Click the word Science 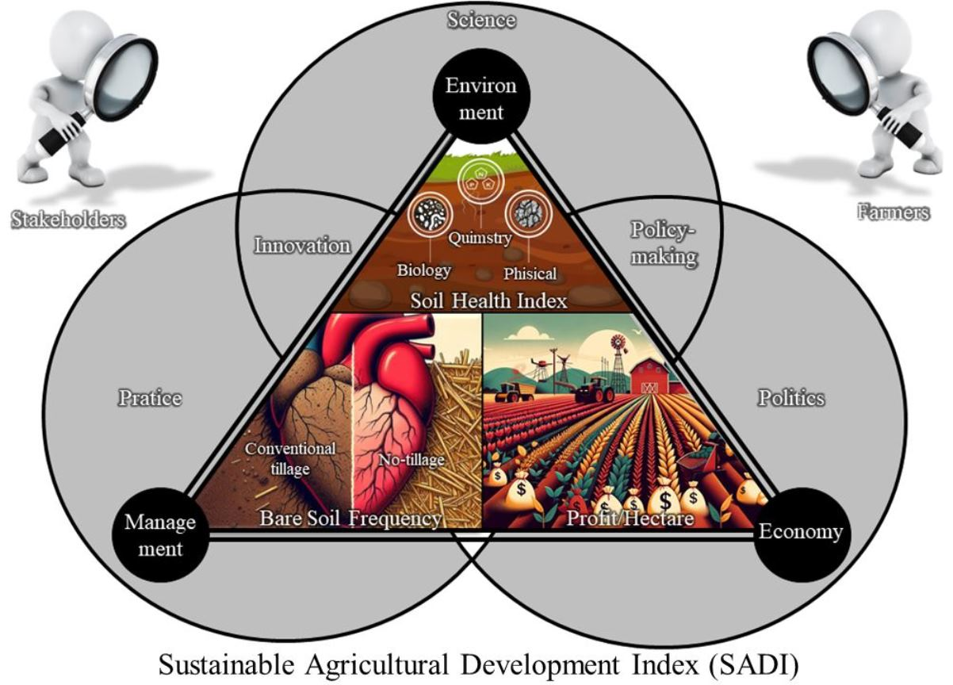(480, 20)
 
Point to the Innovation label (301, 246)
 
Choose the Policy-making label (664, 243)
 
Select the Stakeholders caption (68, 220)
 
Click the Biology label (424, 270)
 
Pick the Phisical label (530, 274)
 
